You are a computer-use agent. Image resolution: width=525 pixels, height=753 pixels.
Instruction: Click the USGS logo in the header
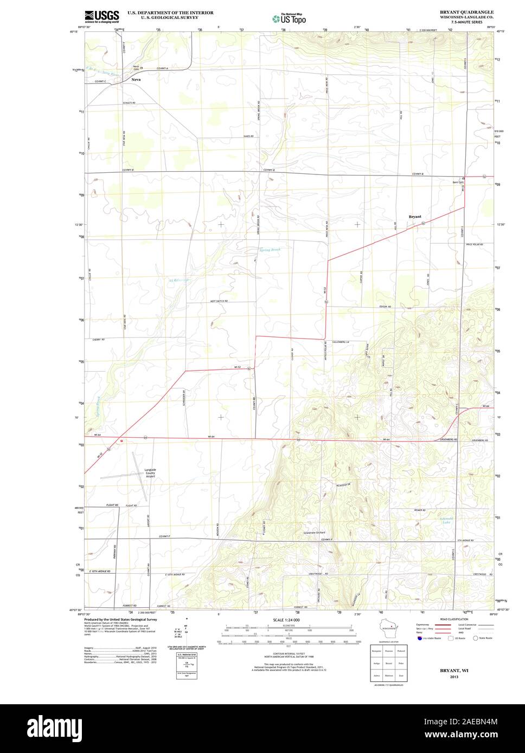tap(101, 16)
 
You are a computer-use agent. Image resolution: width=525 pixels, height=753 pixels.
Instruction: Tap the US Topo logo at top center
tap(289, 18)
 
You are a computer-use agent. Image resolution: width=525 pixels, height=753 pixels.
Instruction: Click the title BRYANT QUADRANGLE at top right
tap(466, 11)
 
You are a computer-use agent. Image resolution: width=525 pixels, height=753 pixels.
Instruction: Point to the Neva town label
tap(136, 80)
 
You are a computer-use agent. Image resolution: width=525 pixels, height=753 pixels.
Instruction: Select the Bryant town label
tap(415, 217)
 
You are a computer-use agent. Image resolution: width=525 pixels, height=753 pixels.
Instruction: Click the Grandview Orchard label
tap(314, 533)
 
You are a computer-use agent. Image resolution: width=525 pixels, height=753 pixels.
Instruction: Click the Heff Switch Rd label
tap(219, 301)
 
